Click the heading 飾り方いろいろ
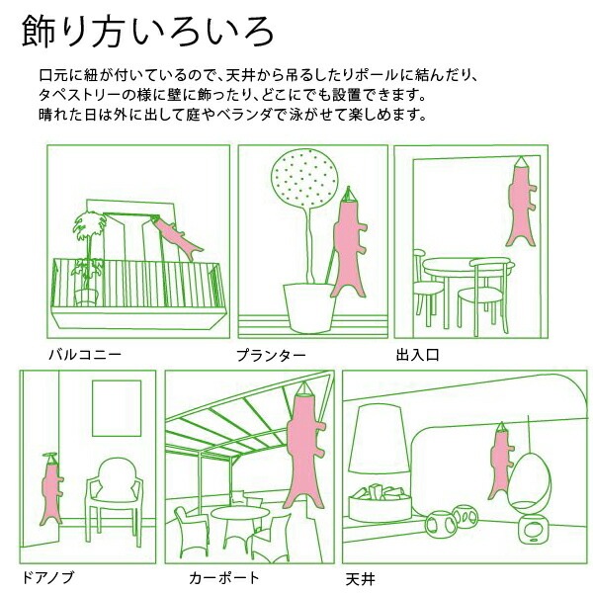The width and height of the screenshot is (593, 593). coord(147,32)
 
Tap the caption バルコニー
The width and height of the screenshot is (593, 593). coord(85,355)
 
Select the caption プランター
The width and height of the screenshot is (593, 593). coord(271,356)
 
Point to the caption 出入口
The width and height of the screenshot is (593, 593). coord(417,355)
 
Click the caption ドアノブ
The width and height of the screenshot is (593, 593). coord(46,577)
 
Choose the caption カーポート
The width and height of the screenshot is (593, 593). coord(224,578)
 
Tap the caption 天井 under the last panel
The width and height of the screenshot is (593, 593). coord(361,579)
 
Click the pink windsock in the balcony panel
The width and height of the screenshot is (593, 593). coord(177,237)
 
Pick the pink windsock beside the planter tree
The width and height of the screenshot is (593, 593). coord(349,246)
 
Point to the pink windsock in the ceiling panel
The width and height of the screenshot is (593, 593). coord(501,462)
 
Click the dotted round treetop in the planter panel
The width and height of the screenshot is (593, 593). coord(304,179)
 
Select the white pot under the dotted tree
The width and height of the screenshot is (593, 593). coord(309,307)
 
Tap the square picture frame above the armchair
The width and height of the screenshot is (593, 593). coord(117,408)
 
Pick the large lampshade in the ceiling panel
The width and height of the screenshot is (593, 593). coord(379,439)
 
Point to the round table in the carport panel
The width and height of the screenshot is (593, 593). coord(240,514)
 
